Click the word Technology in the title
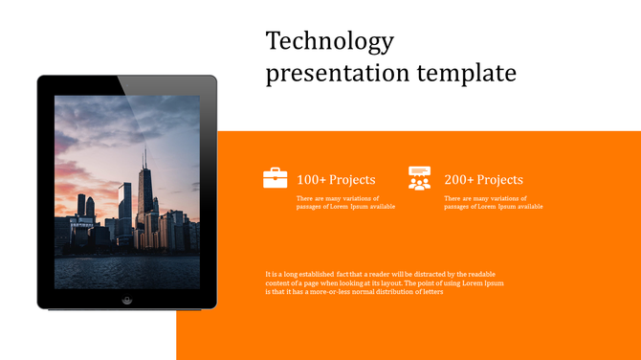(x=329, y=42)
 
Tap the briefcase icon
(x=276, y=177)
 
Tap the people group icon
(x=419, y=177)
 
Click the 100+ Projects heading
(x=336, y=180)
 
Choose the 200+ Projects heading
(x=483, y=180)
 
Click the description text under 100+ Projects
(x=345, y=202)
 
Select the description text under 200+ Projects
(x=493, y=202)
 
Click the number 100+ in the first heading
(x=312, y=180)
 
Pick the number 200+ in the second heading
(x=459, y=180)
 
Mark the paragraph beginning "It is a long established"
(x=384, y=283)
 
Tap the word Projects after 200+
(x=499, y=180)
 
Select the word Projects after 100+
(x=352, y=180)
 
